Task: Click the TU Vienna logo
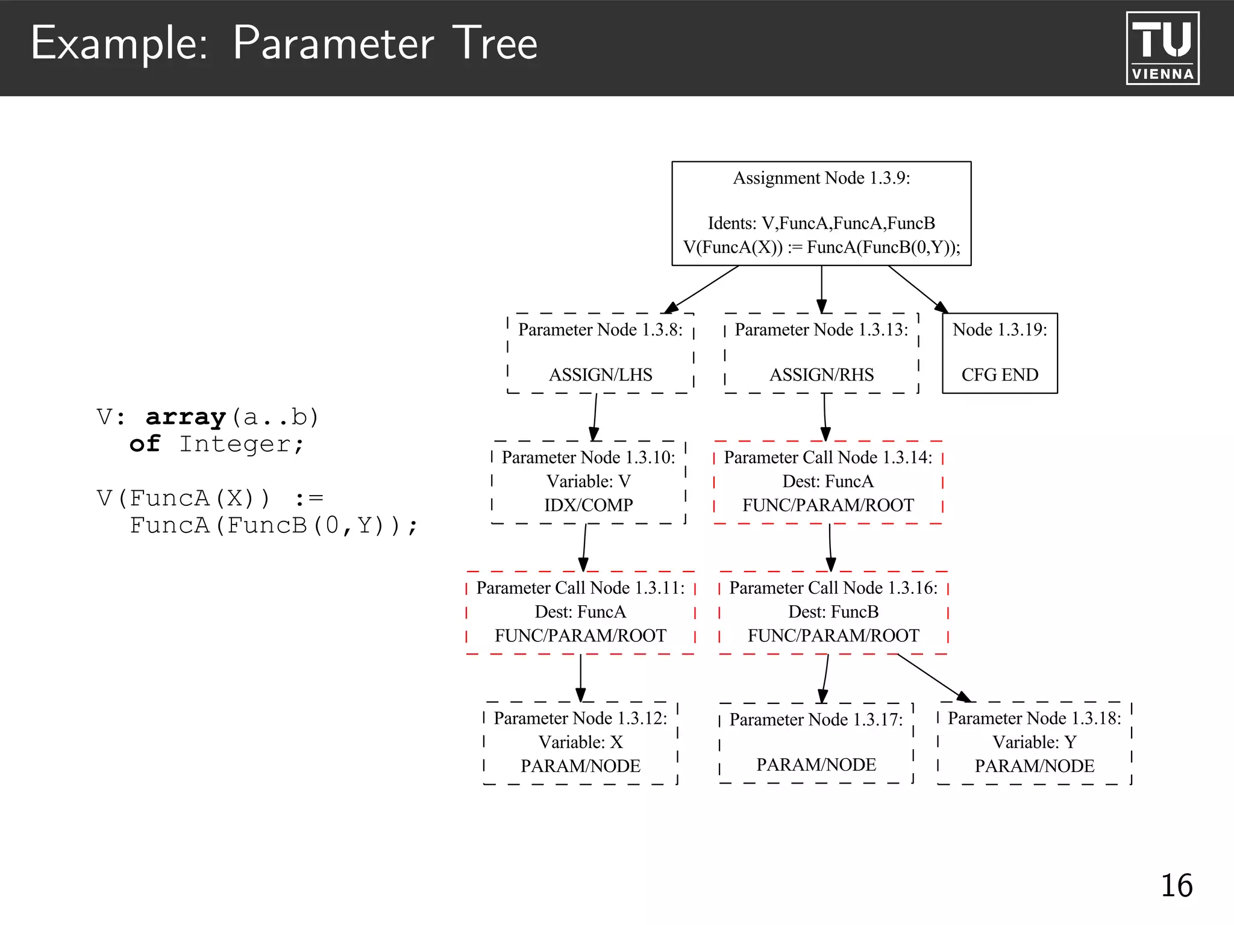[x=1162, y=48]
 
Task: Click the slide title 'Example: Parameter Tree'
[x=284, y=43]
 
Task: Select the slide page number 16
[x=1176, y=885]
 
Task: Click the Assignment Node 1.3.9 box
[x=821, y=213]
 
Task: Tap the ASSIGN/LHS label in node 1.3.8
[x=600, y=375]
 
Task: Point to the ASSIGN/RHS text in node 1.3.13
[x=821, y=375]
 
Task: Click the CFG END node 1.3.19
[x=1000, y=353]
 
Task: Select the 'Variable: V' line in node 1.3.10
[x=588, y=481]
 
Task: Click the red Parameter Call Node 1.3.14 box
[x=828, y=482]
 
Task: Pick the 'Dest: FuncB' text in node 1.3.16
[x=833, y=612]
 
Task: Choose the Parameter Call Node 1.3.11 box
[x=580, y=612]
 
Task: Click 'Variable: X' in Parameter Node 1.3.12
[x=580, y=742]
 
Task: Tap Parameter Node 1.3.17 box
[x=816, y=743]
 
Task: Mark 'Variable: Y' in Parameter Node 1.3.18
[x=1034, y=742]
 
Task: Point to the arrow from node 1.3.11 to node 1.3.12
[x=580, y=677]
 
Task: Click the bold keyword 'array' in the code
[x=186, y=417]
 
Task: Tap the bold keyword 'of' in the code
[x=145, y=444]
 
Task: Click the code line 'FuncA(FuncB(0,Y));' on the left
[x=274, y=526]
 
